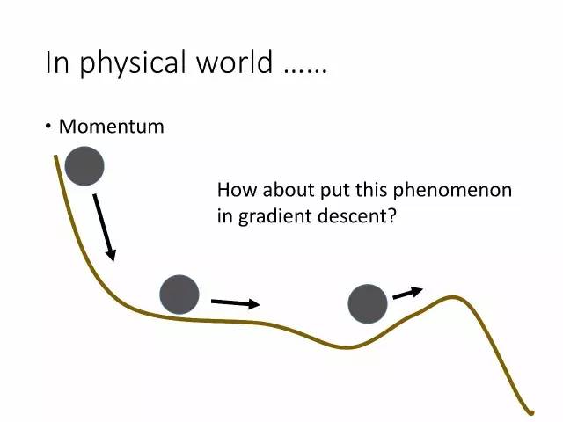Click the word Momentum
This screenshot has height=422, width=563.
pos(112,127)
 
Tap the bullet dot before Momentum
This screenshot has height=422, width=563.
pos(48,127)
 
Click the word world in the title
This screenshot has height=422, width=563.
pos(235,62)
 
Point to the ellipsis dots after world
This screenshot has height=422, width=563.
pos(305,71)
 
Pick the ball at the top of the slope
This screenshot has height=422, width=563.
pos(84,166)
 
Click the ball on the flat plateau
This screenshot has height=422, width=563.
pos(179,295)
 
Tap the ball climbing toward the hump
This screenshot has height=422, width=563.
pos(368,303)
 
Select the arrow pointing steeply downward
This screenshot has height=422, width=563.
pos(105,228)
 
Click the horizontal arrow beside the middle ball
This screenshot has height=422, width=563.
pos(236,303)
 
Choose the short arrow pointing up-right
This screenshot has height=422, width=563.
pos(408,293)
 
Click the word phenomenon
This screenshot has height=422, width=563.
pos(452,190)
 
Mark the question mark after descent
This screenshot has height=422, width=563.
pos(391,216)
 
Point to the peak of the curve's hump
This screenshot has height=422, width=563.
pos(453,297)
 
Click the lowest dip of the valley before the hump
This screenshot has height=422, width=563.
pos(347,347)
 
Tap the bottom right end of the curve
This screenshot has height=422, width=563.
pos(532,412)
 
